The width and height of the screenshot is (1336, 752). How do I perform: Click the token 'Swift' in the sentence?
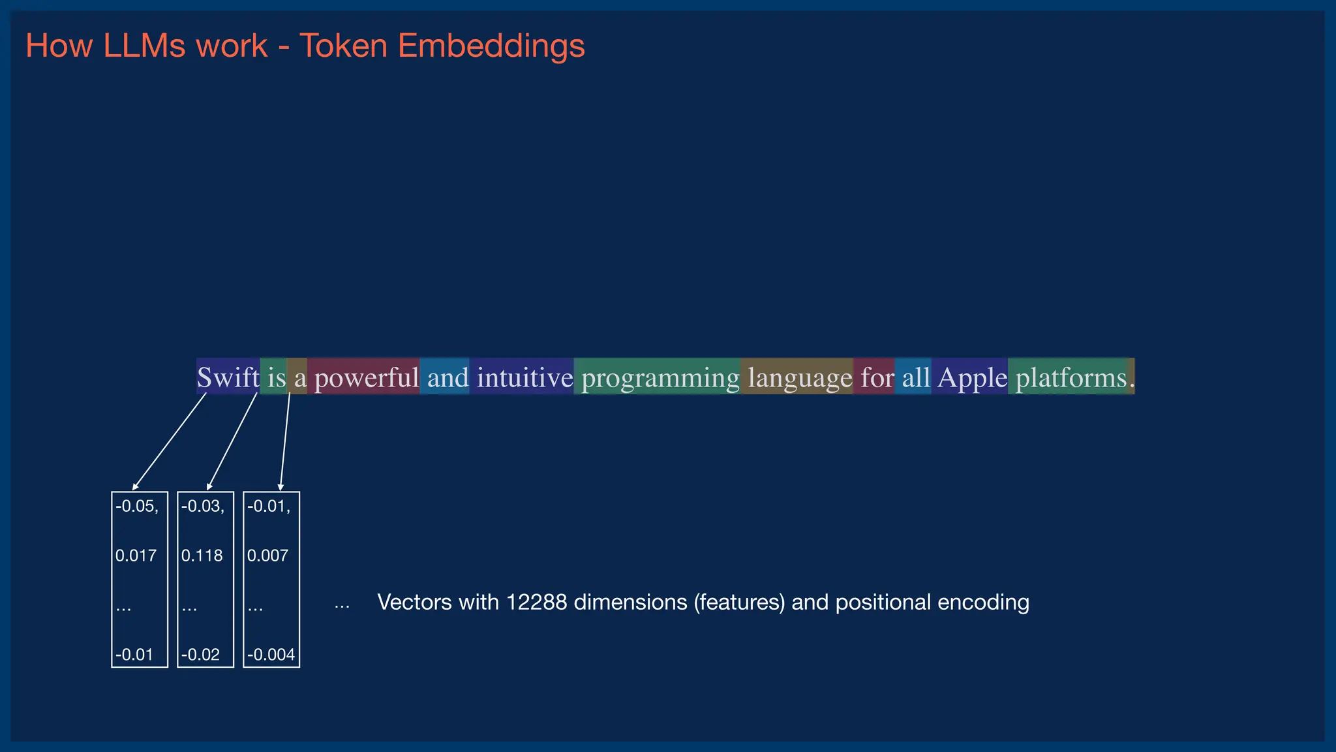click(x=228, y=377)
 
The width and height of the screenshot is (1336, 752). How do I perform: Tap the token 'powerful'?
click(x=366, y=377)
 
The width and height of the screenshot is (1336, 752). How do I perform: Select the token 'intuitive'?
click(x=524, y=377)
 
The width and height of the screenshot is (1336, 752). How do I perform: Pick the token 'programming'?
click(x=660, y=377)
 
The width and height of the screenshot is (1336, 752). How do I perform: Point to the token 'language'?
click(x=799, y=377)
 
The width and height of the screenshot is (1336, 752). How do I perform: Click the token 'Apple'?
click(x=972, y=377)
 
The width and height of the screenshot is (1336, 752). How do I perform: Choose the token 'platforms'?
click(x=1070, y=377)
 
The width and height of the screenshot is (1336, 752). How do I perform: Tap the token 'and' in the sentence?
click(x=448, y=377)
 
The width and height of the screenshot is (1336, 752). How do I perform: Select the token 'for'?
click(x=877, y=377)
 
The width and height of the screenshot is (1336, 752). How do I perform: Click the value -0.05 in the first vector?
click(x=136, y=507)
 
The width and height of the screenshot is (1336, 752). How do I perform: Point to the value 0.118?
click(x=202, y=556)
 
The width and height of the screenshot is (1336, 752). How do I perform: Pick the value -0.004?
click(x=271, y=655)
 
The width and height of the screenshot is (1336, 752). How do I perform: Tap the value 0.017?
click(x=136, y=556)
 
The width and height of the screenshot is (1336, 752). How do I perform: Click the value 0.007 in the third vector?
click(x=267, y=556)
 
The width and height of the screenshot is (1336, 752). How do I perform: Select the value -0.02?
click(x=200, y=655)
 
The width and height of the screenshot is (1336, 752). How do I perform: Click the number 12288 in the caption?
click(x=536, y=602)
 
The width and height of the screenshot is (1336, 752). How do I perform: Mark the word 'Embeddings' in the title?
click(x=491, y=46)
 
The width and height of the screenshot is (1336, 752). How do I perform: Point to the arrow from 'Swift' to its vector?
click(x=170, y=441)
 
